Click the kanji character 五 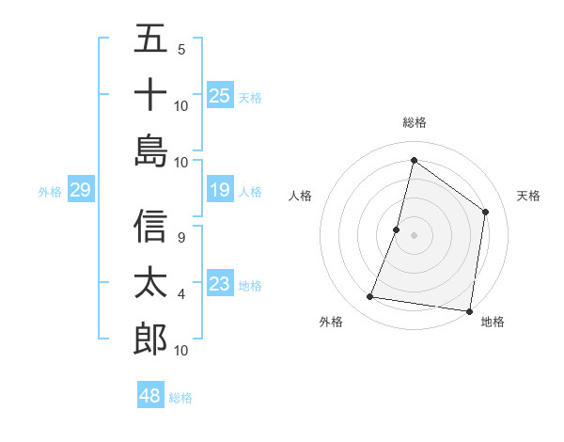pyautogui.click(x=151, y=39)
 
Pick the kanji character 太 pyautogui.click(x=151, y=282)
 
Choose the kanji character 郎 pyautogui.click(x=151, y=338)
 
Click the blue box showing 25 pyautogui.click(x=220, y=95)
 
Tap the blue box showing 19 pyautogui.click(x=220, y=191)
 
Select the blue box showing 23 pyautogui.click(x=220, y=284)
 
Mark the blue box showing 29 pyautogui.click(x=80, y=191)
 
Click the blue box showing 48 pyautogui.click(x=150, y=396)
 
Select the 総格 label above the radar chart pyautogui.click(x=415, y=123)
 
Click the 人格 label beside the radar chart pyautogui.click(x=301, y=196)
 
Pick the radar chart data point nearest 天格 pyautogui.click(x=486, y=212)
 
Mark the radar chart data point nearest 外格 pyautogui.click(x=370, y=297)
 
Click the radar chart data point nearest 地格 pyautogui.click(x=470, y=310)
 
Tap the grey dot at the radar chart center pyautogui.click(x=415, y=235)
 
